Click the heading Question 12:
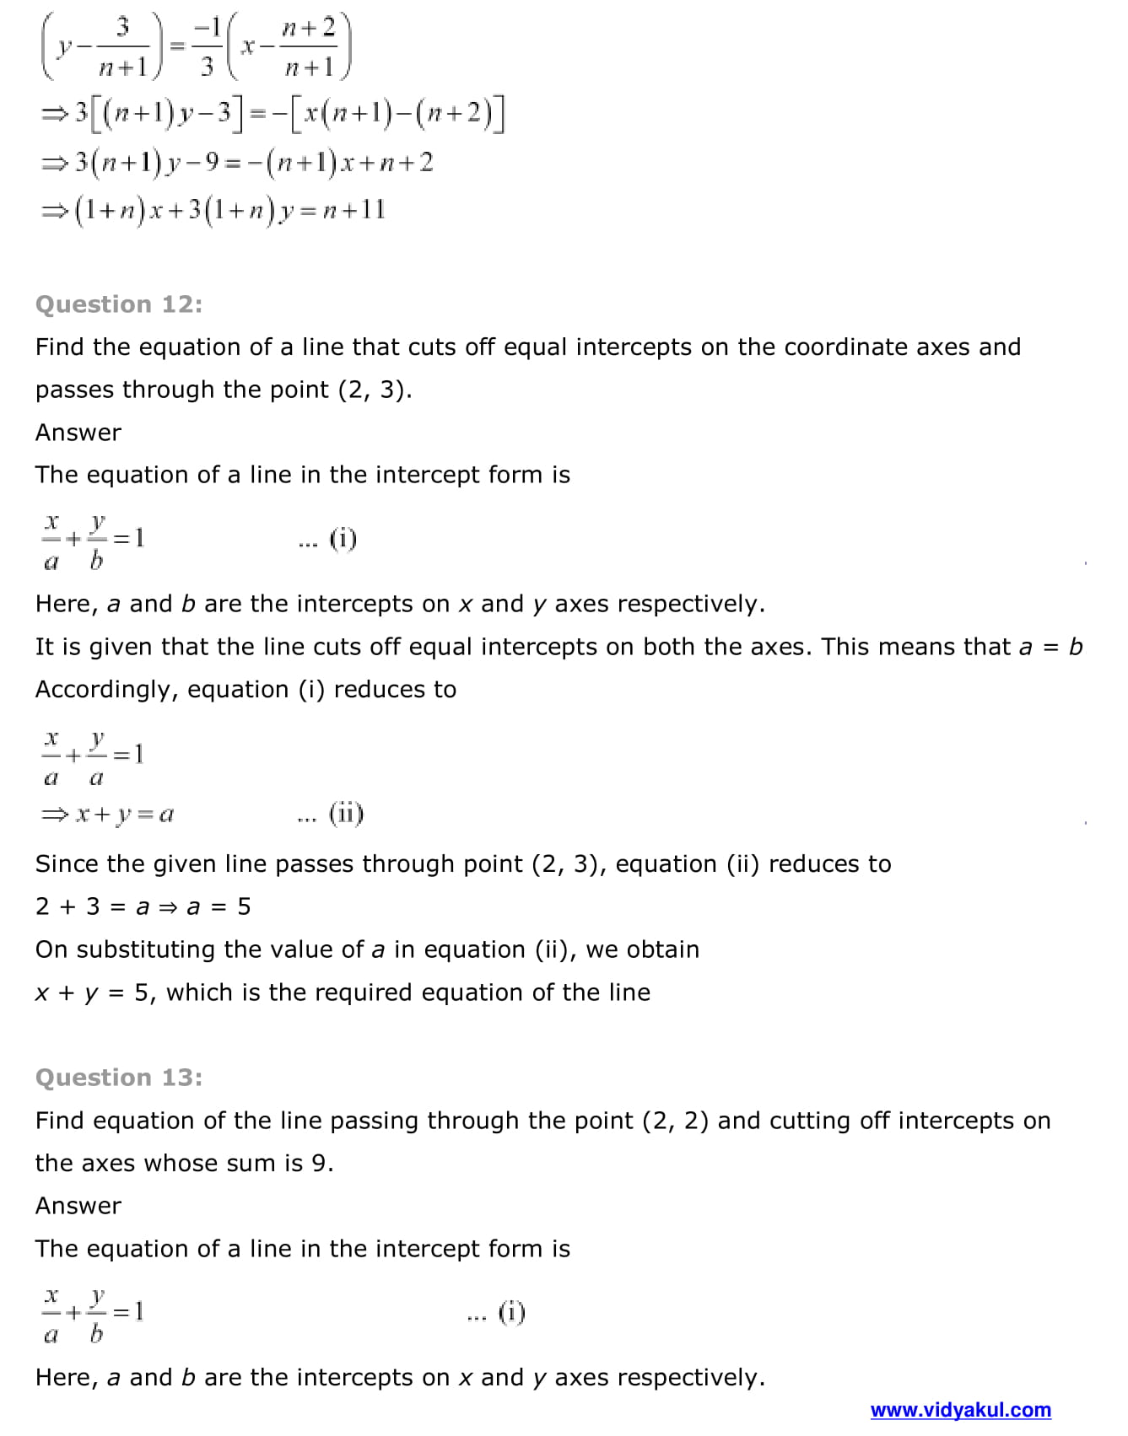click(119, 304)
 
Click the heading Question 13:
click(119, 1078)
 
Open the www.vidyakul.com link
click(960, 1410)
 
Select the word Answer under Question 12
click(78, 433)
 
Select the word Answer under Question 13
click(78, 1206)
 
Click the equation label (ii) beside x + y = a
click(346, 814)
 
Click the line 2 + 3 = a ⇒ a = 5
click(143, 906)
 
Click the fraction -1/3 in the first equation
click(207, 47)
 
